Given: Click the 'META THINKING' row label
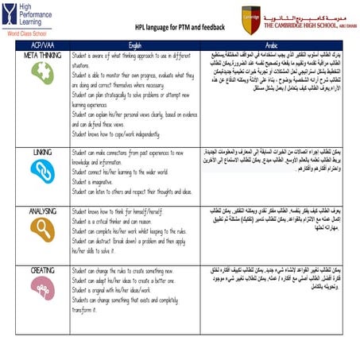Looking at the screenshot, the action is click(x=39, y=56).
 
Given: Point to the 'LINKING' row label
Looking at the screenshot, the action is click(x=39, y=150).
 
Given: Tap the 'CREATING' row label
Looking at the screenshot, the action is click(x=39, y=271).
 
